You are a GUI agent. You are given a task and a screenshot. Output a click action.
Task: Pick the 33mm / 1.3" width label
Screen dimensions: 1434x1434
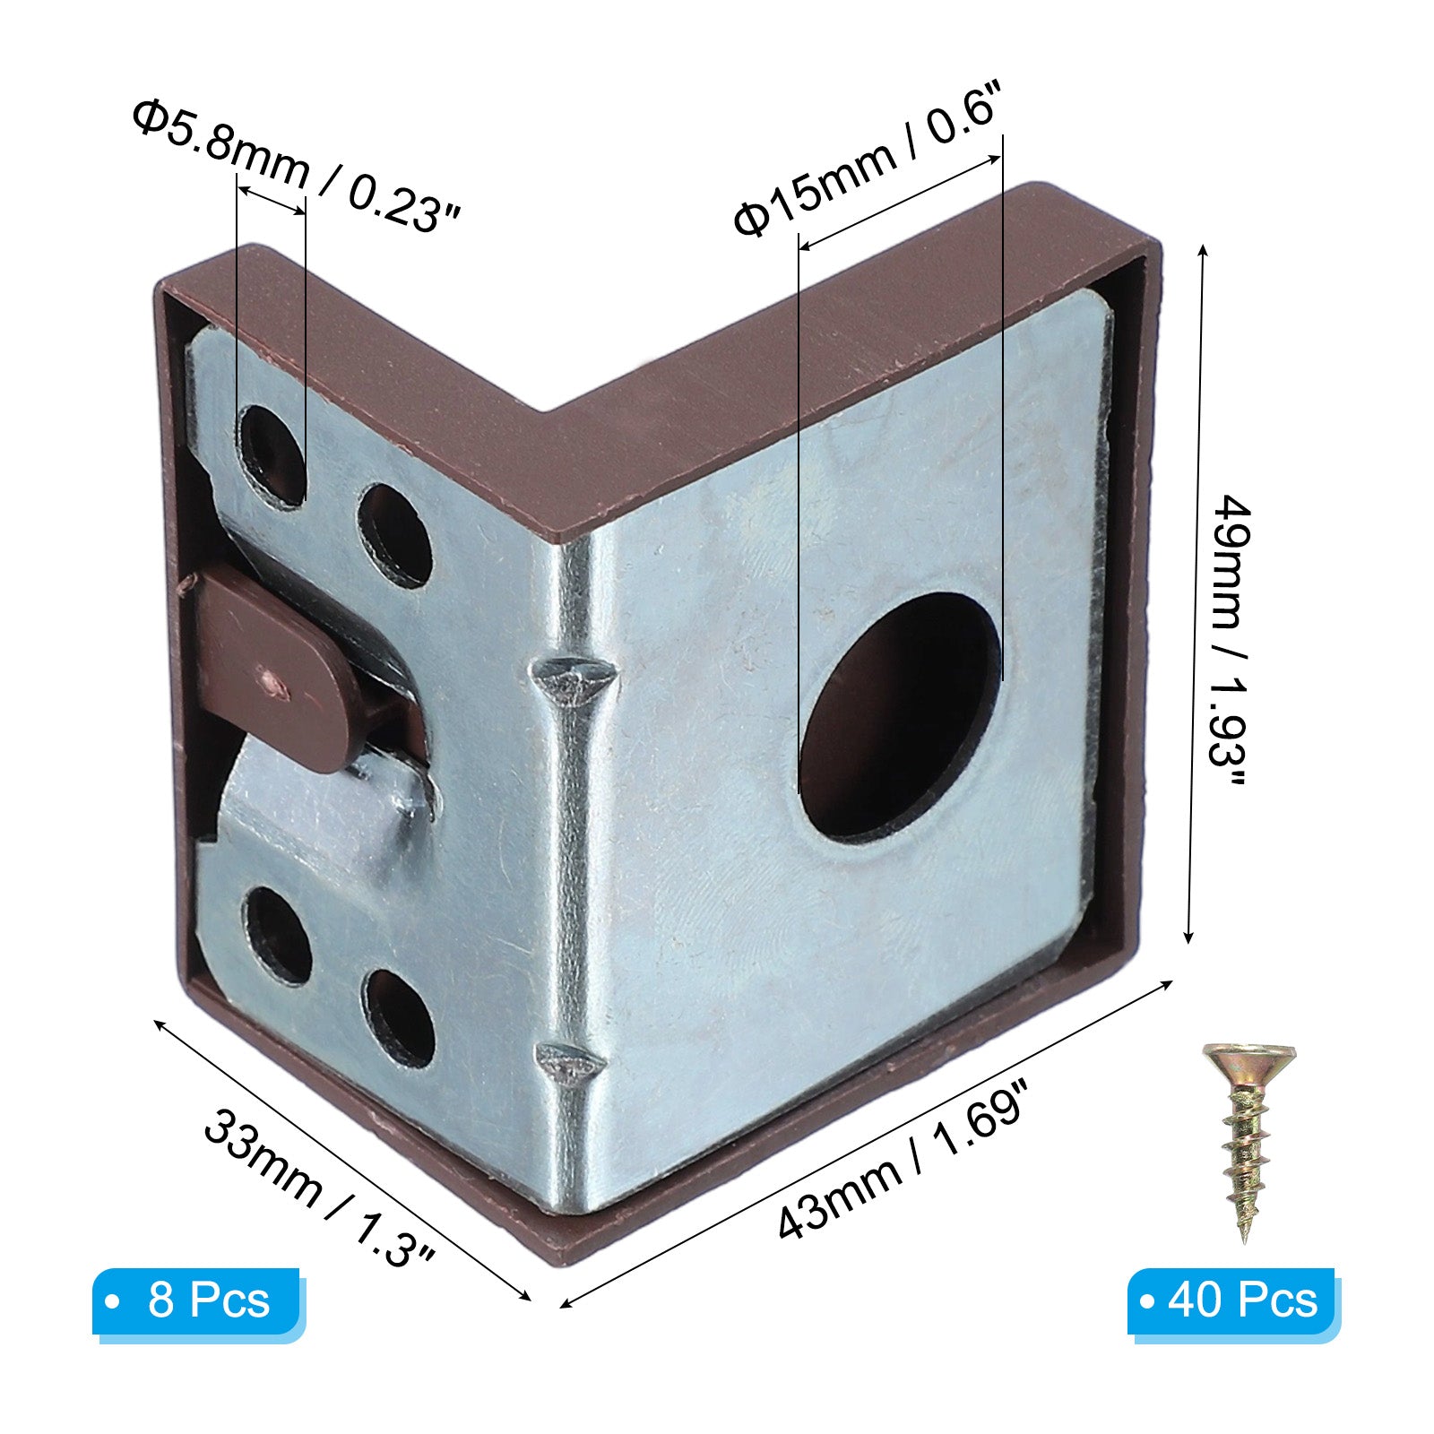click(320, 1188)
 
